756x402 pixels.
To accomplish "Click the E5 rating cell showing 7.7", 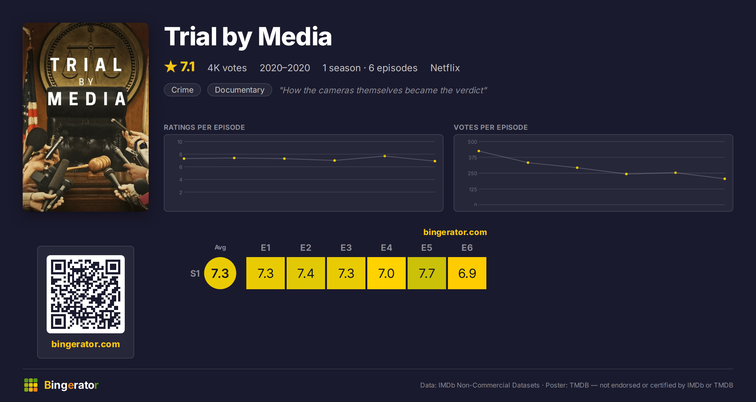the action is coord(427,273).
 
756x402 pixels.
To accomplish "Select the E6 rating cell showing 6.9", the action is coord(467,273).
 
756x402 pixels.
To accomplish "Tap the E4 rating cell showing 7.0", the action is coord(386,273).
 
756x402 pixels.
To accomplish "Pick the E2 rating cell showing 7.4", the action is coord(306,273).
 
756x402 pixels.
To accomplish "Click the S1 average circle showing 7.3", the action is coord(220,273).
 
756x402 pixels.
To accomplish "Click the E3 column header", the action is coord(346,248).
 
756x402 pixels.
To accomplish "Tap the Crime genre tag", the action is coord(182,90).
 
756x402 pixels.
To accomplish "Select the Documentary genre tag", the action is coord(239,90).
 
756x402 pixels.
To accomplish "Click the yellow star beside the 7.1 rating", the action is coord(171,66).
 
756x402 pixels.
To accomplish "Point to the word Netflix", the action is coord(445,68).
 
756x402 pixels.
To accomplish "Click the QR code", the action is coord(86,294).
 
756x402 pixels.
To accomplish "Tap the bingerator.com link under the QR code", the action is coord(86,344).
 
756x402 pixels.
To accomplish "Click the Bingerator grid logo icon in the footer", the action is coord(31,385).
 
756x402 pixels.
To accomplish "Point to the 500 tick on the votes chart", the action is coord(472,142).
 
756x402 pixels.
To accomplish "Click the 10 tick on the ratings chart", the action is coord(180,142).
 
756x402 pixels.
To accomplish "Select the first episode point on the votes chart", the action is coord(479,151).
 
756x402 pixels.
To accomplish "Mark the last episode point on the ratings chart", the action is coord(435,161).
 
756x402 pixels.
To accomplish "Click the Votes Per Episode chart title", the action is coord(490,127).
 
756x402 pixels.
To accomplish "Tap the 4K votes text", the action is coord(227,68).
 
